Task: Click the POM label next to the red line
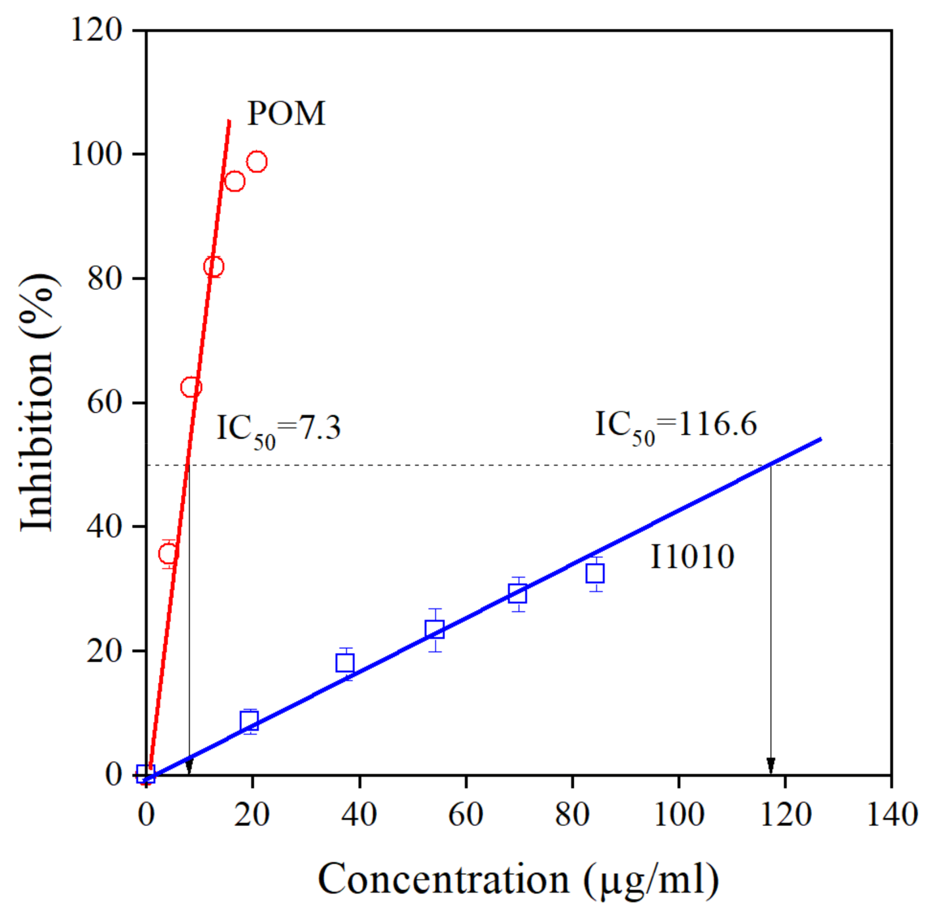[x=287, y=114]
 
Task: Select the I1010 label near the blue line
[x=692, y=557]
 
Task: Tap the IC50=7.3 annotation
[x=279, y=428]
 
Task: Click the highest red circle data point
[x=257, y=162]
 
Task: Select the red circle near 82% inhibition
[x=213, y=266]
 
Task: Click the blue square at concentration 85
[x=595, y=574]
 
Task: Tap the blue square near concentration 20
[x=249, y=721]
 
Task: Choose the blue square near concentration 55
[x=435, y=629]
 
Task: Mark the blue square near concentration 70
[x=518, y=594]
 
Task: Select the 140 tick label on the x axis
[x=892, y=815]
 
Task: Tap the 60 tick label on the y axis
[x=103, y=402]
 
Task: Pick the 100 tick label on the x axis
[x=679, y=815]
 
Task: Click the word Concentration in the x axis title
[x=444, y=880]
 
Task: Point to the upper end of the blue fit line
[x=820, y=439]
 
